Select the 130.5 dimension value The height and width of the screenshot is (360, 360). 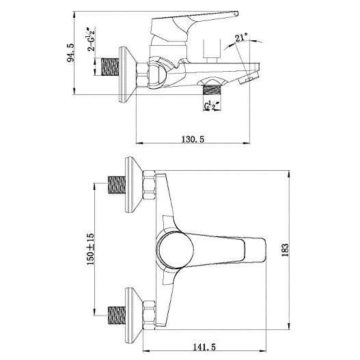[x=193, y=139]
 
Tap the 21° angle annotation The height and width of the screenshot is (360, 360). [x=241, y=37]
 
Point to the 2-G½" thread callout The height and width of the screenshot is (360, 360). [x=91, y=39]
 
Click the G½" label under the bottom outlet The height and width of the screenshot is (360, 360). [x=212, y=105]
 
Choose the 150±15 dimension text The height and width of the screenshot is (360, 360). [x=90, y=249]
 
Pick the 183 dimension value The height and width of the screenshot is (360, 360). [x=285, y=250]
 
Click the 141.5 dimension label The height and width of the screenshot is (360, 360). [x=204, y=348]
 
